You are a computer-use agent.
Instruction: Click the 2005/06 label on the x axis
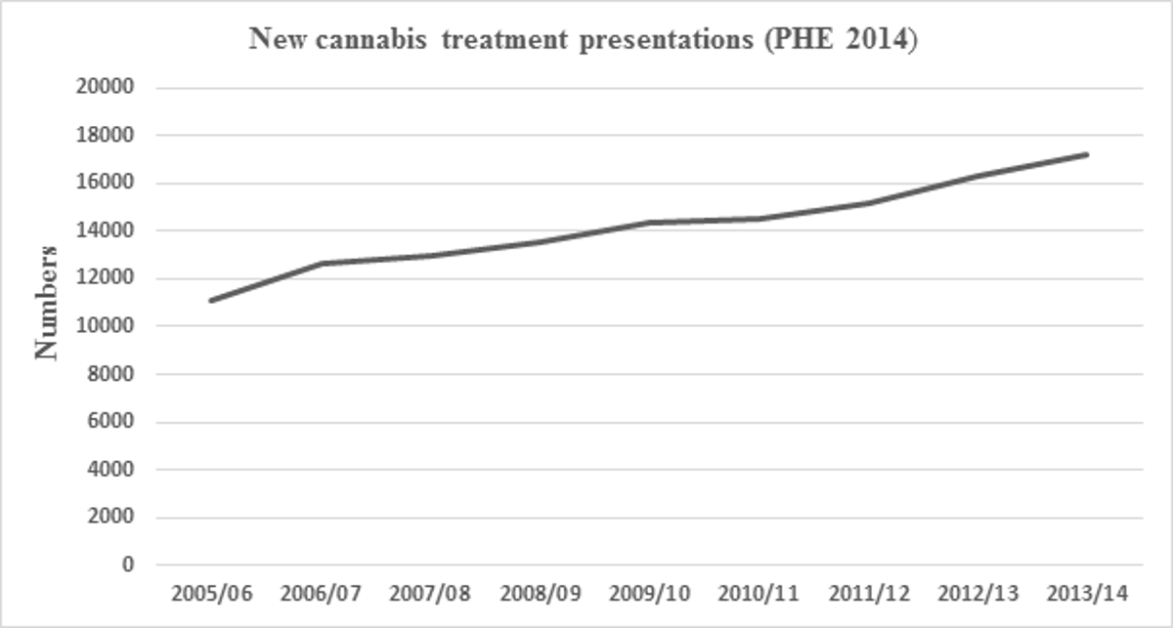(x=210, y=593)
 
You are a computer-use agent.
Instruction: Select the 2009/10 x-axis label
(x=649, y=593)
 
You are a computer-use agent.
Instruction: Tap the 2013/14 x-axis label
(x=1087, y=593)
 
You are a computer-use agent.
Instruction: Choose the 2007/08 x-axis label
(x=430, y=593)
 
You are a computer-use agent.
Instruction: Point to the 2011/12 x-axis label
(x=868, y=593)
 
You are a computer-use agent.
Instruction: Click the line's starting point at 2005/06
(x=210, y=301)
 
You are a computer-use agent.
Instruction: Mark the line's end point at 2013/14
(x=1087, y=154)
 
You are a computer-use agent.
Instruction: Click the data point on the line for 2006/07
(x=320, y=264)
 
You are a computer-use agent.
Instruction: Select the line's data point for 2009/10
(x=649, y=223)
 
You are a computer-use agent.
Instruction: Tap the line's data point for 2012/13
(x=977, y=176)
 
